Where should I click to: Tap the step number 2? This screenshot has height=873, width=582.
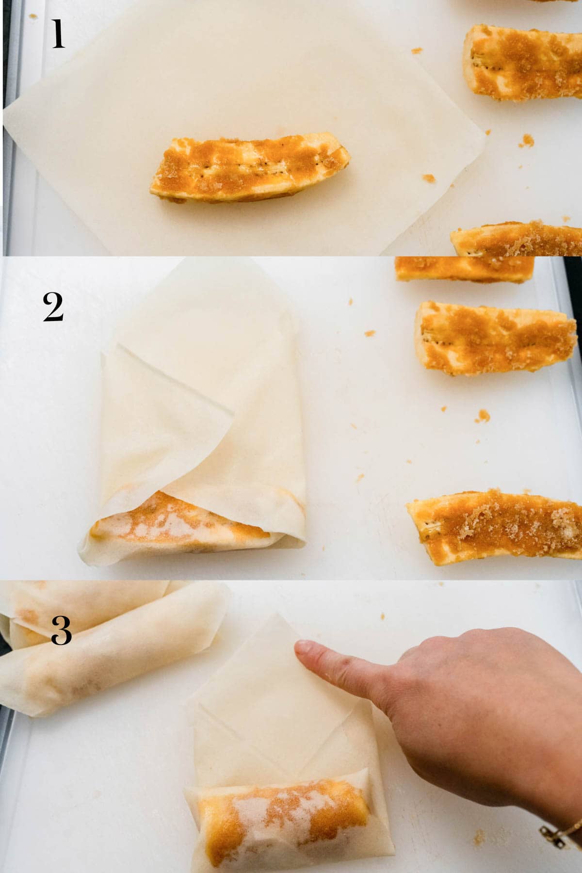53,307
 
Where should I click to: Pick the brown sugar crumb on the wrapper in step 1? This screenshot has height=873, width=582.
428,178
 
